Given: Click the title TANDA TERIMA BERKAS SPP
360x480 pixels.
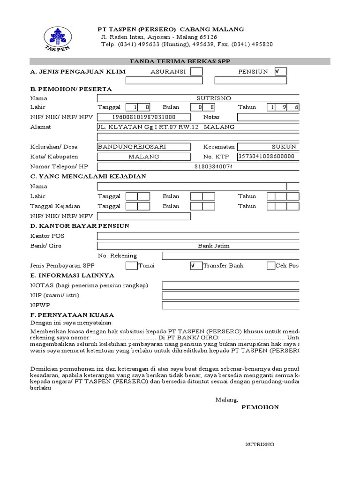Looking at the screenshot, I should pyautogui.click(x=180, y=61).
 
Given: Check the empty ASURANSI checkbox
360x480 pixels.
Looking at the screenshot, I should pyautogui.click(x=197, y=71).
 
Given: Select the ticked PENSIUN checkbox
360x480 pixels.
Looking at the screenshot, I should pyautogui.click(x=280, y=71).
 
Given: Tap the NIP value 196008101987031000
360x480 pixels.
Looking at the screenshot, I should pyautogui.click(x=144, y=117).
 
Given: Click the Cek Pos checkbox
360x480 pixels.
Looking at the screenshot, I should pyautogui.click(x=271, y=266).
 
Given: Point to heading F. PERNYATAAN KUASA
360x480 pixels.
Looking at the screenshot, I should pyautogui.click(x=72, y=315).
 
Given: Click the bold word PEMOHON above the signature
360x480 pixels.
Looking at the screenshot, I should pyautogui.click(x=260, y=407).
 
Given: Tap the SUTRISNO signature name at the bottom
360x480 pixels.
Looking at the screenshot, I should pyautogui.click(x=260, y=444).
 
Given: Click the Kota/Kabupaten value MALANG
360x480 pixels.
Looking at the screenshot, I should pyautogui.click(x=144, y=157).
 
